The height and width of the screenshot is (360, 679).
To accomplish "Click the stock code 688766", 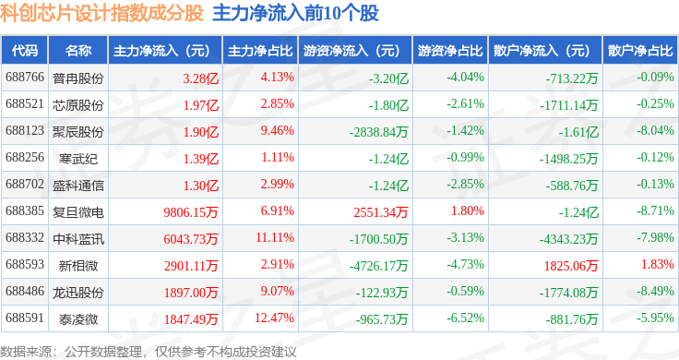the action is point(25,78).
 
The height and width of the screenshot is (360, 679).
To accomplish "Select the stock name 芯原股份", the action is point(78,105).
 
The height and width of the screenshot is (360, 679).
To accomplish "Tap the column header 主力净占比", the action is point(260,51).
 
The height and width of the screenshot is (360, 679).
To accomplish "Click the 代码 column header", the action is point(25,51).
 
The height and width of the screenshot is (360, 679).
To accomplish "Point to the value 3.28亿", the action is point(200,78).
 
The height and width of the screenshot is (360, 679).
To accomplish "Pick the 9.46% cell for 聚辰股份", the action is point(277,130).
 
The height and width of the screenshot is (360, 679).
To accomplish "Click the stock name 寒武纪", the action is point(78,159).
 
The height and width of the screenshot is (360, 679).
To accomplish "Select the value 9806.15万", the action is point(191,212).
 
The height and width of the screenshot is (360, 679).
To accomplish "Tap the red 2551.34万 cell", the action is point(381,212).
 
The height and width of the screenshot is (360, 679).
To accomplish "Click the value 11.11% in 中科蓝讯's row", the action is point(275,237).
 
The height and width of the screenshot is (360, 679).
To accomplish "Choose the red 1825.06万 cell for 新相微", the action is point(571,266).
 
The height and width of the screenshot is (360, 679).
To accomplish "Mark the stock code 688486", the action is point(25,291).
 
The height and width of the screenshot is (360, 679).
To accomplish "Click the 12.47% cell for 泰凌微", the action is point(275,318).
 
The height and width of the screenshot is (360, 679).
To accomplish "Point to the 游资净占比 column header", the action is point(450,51).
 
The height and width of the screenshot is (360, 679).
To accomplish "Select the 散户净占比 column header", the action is point(640,51).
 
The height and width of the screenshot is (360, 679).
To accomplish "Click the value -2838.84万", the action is point(379,132).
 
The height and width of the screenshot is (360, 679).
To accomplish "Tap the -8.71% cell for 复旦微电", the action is point(655,211).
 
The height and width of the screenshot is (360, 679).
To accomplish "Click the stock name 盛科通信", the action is point(78,186).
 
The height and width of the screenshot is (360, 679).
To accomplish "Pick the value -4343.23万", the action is point(569,239).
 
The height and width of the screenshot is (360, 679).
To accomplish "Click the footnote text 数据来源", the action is point(26,352).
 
